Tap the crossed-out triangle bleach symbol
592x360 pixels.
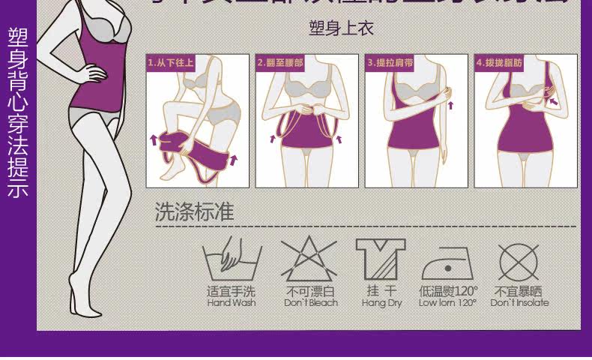pyautogui.click(x=309, y=259)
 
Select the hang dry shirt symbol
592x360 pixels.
pyautogui.click(x=381, y=259)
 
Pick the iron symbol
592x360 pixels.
pyautogui.click(x=447, y=262)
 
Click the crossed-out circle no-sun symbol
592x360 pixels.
pyautogui.click(x=519, y=261)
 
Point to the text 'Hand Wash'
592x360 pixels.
pyautogui.click(x=232, y=303)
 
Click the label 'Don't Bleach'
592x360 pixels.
pyautogui.click(x=311, y=303)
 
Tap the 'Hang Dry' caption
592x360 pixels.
pyautogui.click(x=382, y=303)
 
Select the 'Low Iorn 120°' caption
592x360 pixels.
pyautogui.click(x=447, y=303)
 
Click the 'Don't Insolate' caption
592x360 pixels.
pyautogui.click(x=519, y=303)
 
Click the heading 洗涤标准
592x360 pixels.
pyautogui.click(x=194, y=212)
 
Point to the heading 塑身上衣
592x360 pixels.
pyautogui.click(x=341, y=28)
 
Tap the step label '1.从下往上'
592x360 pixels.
pyautogui.click(x=170, y=63)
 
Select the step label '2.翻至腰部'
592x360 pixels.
pyautogui.click(x=280, y=63)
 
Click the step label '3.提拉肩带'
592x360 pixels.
pyautogui.click(x=390, y=63)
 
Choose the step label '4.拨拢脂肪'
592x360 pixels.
pyautogui.click(x=499, y=63)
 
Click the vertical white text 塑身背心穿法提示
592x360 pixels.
pyautogui.click(x=18, y=112)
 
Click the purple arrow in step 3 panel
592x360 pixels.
pyautogui.click(x=451, y=105)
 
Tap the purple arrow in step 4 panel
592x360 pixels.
pyautogui.click(x=552, y=100)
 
